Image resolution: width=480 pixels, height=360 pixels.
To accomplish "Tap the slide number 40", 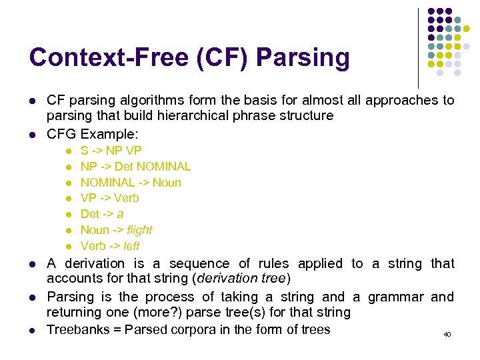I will coord(447,334).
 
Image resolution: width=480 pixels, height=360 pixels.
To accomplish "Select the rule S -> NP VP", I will coord(111,151).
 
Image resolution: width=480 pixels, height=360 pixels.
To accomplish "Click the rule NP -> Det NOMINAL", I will coord(135,167).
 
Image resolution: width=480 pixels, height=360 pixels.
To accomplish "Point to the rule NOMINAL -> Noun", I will coord(131,183).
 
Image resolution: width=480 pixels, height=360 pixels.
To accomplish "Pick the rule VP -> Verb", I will coord(109,198).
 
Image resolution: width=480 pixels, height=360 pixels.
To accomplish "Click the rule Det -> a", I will coord(102,214).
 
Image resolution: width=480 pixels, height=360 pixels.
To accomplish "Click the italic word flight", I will coord(139,230).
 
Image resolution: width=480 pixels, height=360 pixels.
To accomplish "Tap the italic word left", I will coord(131,245).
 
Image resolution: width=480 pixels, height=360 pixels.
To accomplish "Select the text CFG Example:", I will coord(92,134).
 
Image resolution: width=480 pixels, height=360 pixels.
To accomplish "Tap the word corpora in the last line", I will coord(193,329).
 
